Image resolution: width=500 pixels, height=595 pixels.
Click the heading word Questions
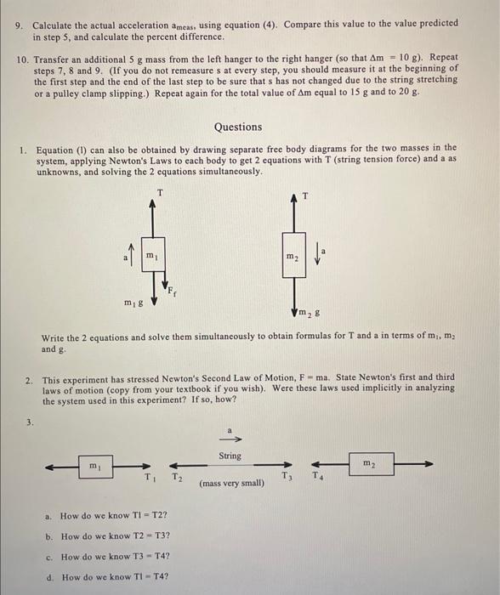coord(238,127)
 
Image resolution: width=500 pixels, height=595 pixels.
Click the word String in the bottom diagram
coord(230,456)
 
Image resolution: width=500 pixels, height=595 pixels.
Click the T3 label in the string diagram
coord(287,476)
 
